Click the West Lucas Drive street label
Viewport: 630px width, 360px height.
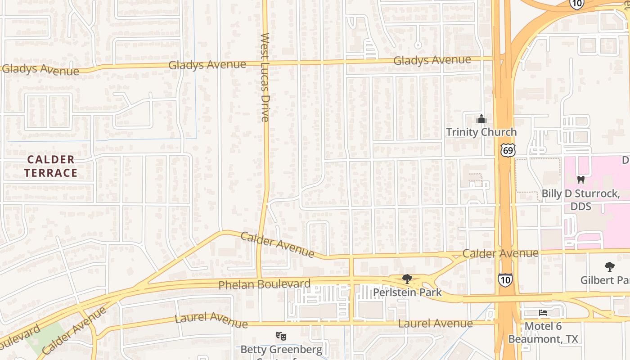coord(265,77)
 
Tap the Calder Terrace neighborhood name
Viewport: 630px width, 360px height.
coord(51,166)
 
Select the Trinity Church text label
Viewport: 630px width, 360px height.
coord(481,132)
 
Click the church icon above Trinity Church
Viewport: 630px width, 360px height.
coord(481,119)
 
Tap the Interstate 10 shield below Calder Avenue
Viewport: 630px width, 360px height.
coord(505,280)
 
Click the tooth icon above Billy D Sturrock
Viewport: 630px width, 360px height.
coord(580,180)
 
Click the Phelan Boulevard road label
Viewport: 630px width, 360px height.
coord(264,284)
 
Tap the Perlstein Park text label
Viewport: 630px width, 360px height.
coord(407,292)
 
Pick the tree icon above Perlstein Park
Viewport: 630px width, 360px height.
coord(407,279)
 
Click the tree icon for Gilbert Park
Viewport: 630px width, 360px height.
coord(609,267)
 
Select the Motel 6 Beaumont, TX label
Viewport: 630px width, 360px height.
coord(543,333)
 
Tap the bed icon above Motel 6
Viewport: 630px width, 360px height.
coord(543,312)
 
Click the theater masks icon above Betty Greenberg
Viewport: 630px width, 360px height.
coord(281,336)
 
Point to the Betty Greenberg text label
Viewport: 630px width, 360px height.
coord(281,350)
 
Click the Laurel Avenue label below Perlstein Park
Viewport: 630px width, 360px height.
coord(435,323)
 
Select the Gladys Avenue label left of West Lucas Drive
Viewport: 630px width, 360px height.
coord(207,65)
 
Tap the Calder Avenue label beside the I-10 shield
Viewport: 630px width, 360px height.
coord(500,253)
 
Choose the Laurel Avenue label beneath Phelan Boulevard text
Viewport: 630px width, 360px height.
coord(211,320)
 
